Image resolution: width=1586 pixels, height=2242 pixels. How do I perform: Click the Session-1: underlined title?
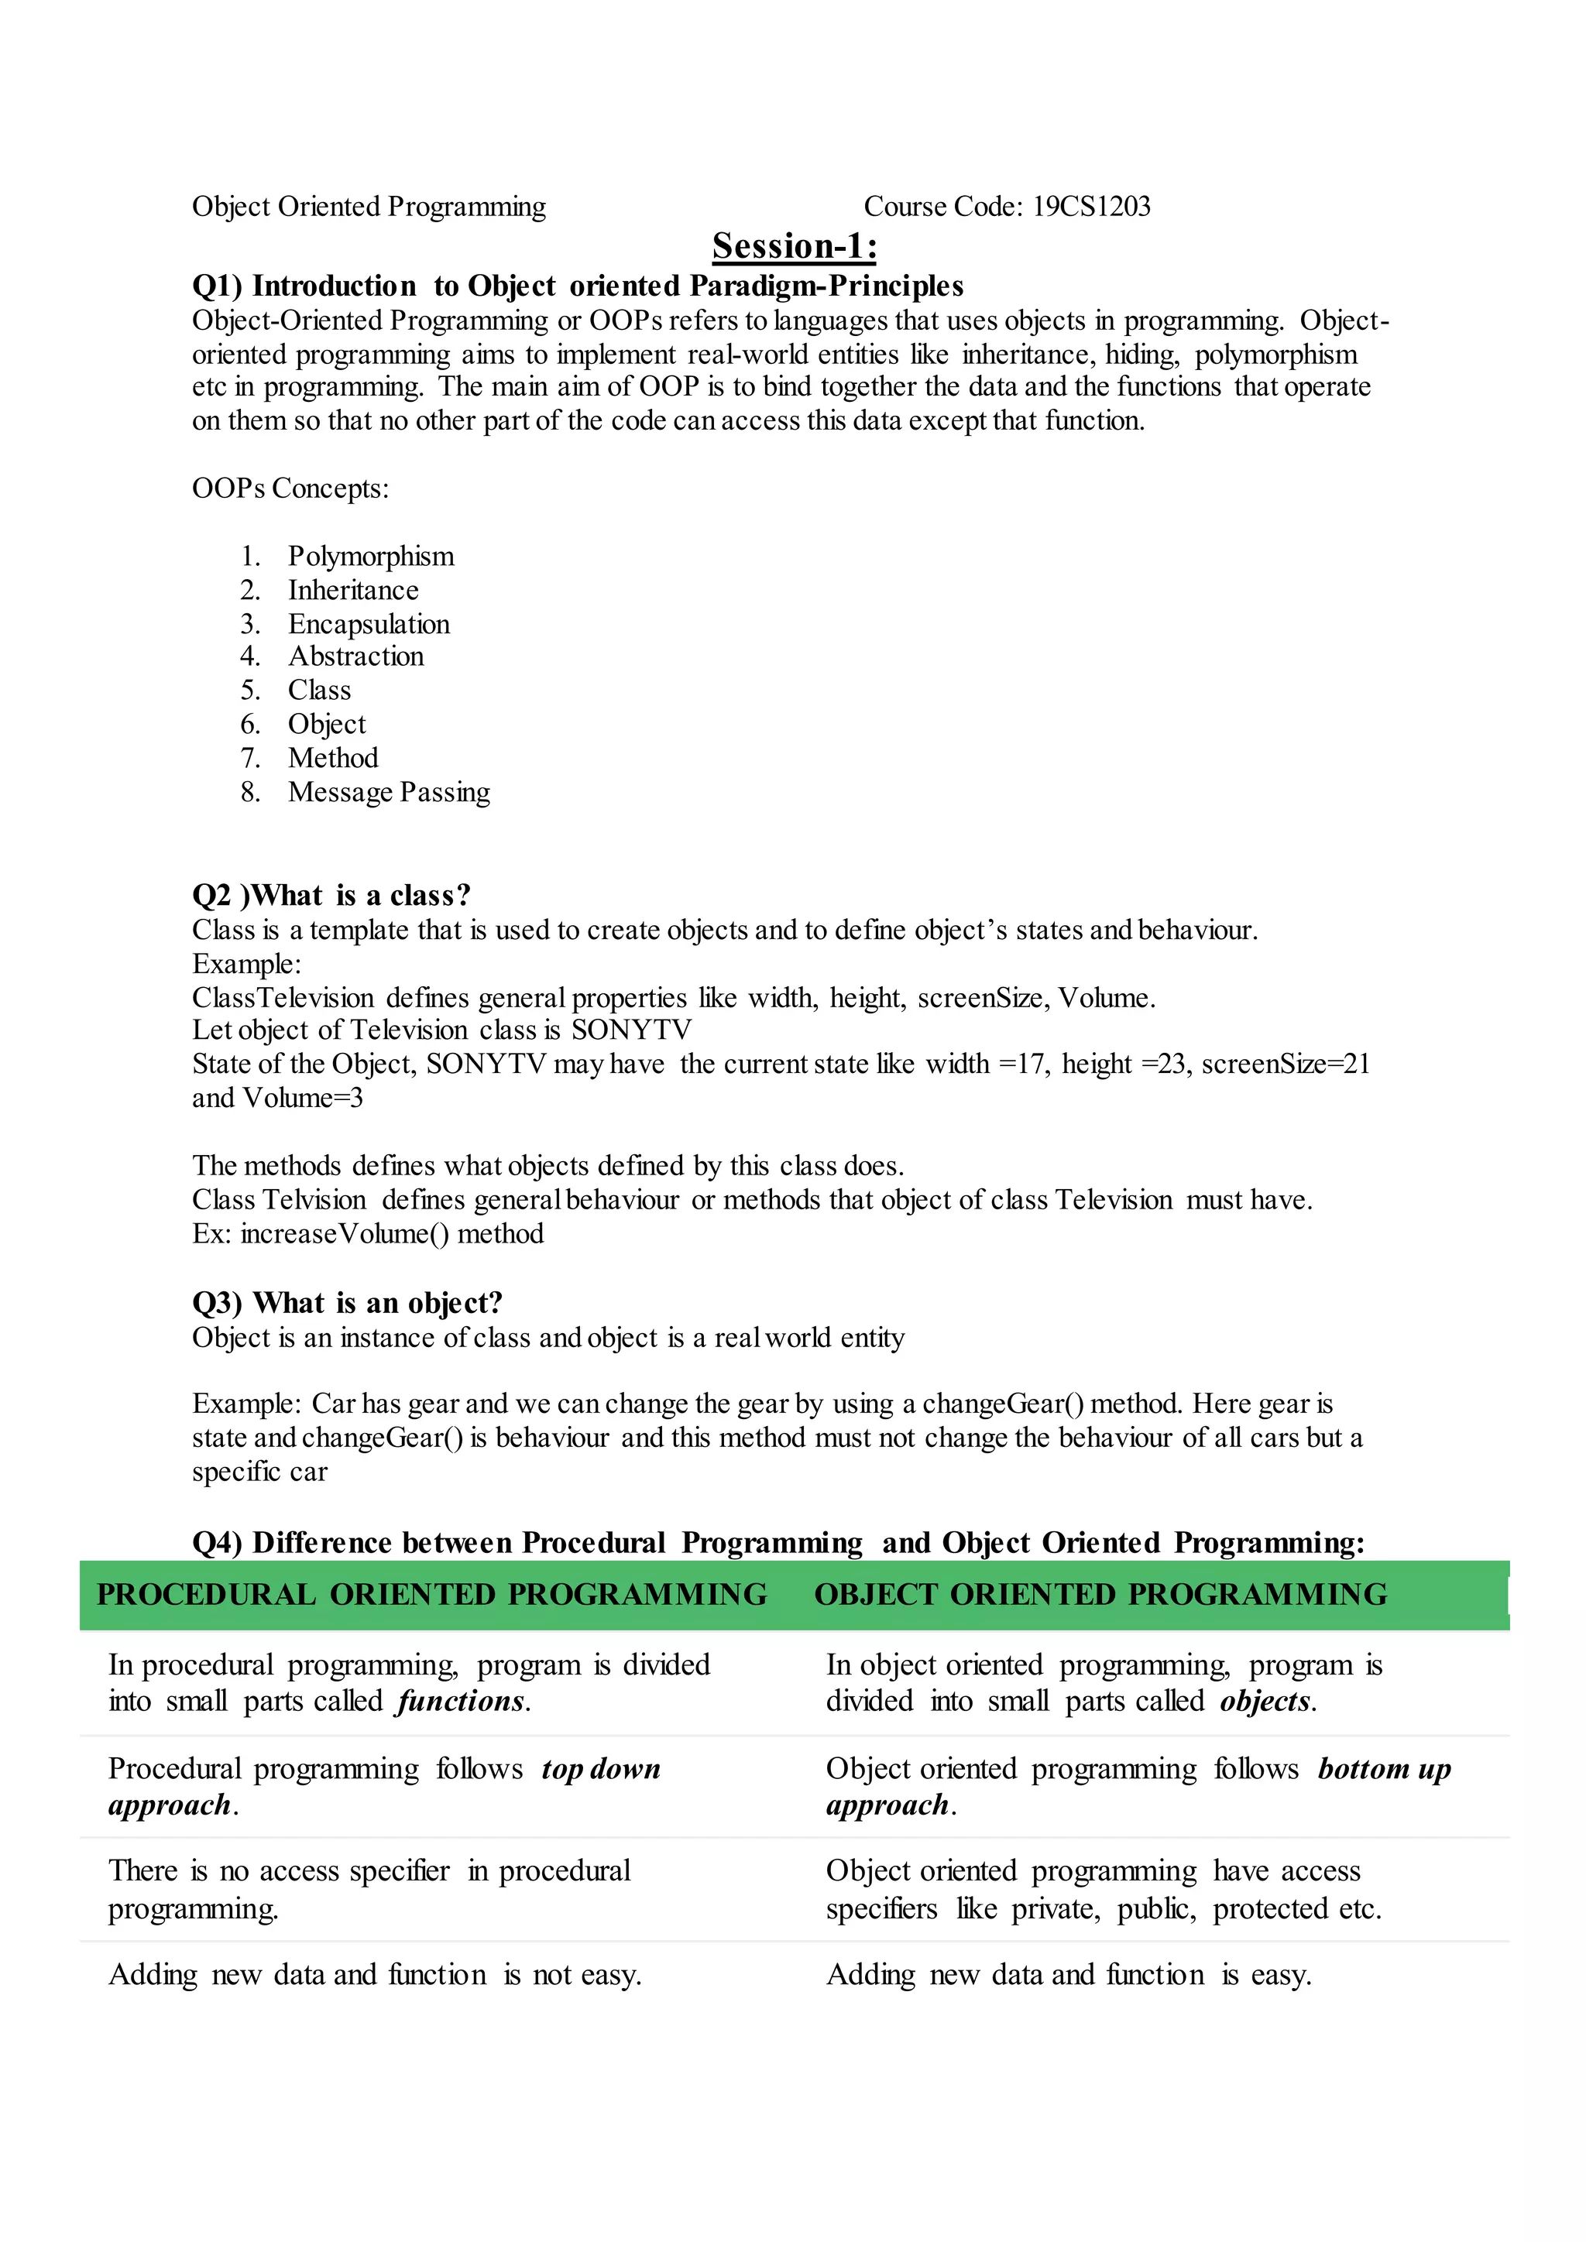pyautogui.click(x=794, y=246)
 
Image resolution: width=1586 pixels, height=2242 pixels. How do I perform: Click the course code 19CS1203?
pyautogui.click(x=1091, y=206)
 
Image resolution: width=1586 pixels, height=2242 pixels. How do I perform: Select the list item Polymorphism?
pyautogui.click(x=371, y=557)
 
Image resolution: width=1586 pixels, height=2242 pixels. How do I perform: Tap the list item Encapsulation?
pyautogui.click(x=369, y=624)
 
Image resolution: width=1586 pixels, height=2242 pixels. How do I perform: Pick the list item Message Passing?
pyautogui.click(x=389, y=792)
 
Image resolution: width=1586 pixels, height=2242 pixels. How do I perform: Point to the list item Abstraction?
pyautogui.click(x=355, y=656)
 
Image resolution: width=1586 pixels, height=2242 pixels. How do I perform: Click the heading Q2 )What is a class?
pyautogui.click(x=331, y=896)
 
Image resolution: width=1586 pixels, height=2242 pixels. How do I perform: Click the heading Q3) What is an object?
pyautogui.click(x=347, y=1303)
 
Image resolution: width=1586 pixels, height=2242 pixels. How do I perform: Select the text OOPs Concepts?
pyautogui.click(x=290, y=489)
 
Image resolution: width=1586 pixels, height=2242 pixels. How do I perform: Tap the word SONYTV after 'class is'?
pyautogui.click(x=632, y=1030)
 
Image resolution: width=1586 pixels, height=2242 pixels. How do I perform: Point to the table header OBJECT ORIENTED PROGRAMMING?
pyautogui.click(x=1100, y=1595)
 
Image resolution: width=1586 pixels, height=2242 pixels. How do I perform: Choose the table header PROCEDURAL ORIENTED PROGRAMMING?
pyautogui.click(x=431, y=1595)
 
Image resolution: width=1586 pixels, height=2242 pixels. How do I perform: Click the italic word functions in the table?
pyautogui.click(x=461, y=1702)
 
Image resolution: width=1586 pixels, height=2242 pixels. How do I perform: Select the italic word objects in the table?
pyautogui.click(x=1265, y=1702)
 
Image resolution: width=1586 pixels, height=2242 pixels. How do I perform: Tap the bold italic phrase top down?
pyautogui.click(x=602, y=1770)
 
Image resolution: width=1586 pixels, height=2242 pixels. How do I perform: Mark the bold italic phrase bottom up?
pyautogui.click(x=1384, y=1770)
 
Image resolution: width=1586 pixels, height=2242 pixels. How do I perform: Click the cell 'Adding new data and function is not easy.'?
pyautogui.click(x=375, y=1976)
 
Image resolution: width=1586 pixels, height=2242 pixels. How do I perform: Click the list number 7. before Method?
pyautogui.click(x=250, y=759)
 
